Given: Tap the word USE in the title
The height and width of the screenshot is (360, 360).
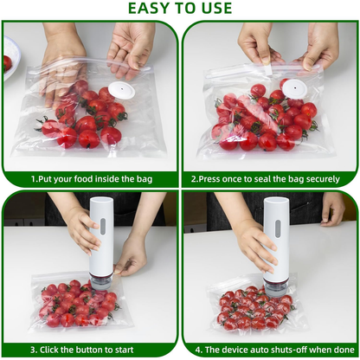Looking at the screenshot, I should (214, 9).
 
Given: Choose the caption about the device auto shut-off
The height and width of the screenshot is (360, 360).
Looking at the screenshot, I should (269, 350).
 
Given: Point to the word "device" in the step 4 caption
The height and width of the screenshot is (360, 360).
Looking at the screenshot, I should (234, 350).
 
